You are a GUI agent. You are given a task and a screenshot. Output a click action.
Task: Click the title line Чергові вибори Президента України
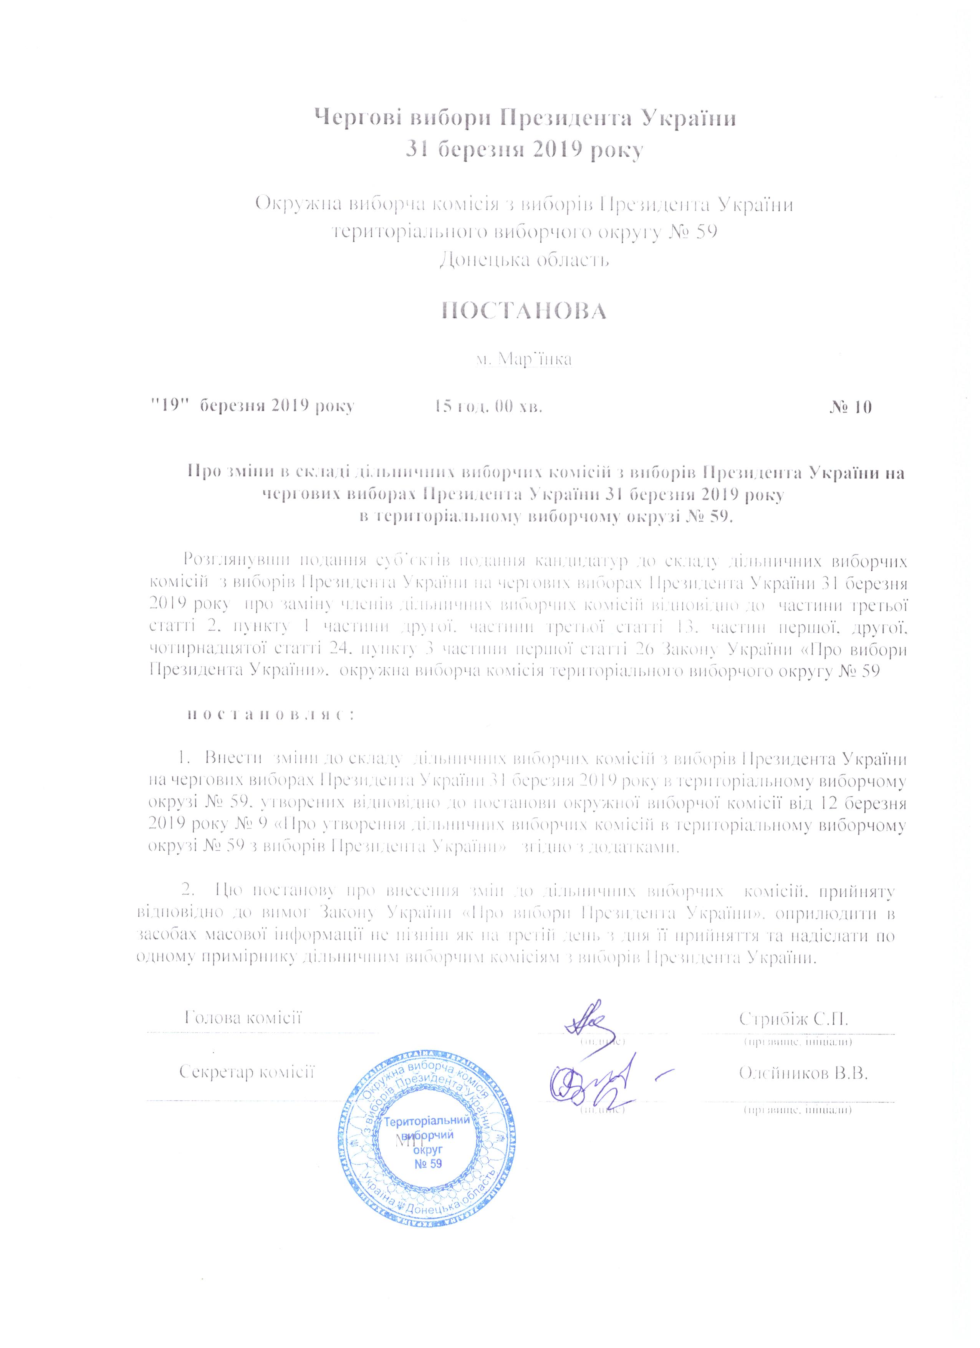pos(525,118)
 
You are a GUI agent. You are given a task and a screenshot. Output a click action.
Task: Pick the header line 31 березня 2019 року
pos(525,149)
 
